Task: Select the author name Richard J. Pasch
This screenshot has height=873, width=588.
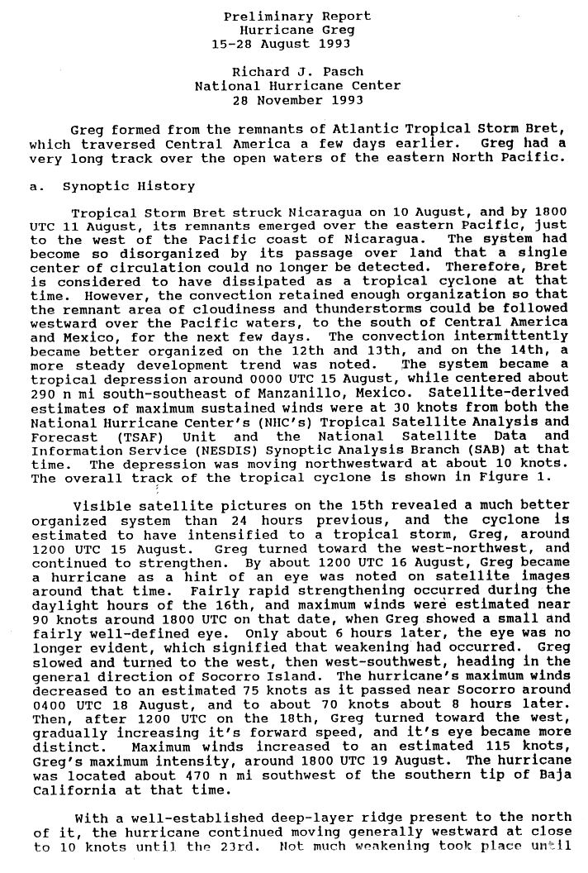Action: coord(298,72)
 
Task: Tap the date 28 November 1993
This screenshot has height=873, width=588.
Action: coord(298,100)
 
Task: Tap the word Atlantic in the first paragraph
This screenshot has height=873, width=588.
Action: coord(367,130)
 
